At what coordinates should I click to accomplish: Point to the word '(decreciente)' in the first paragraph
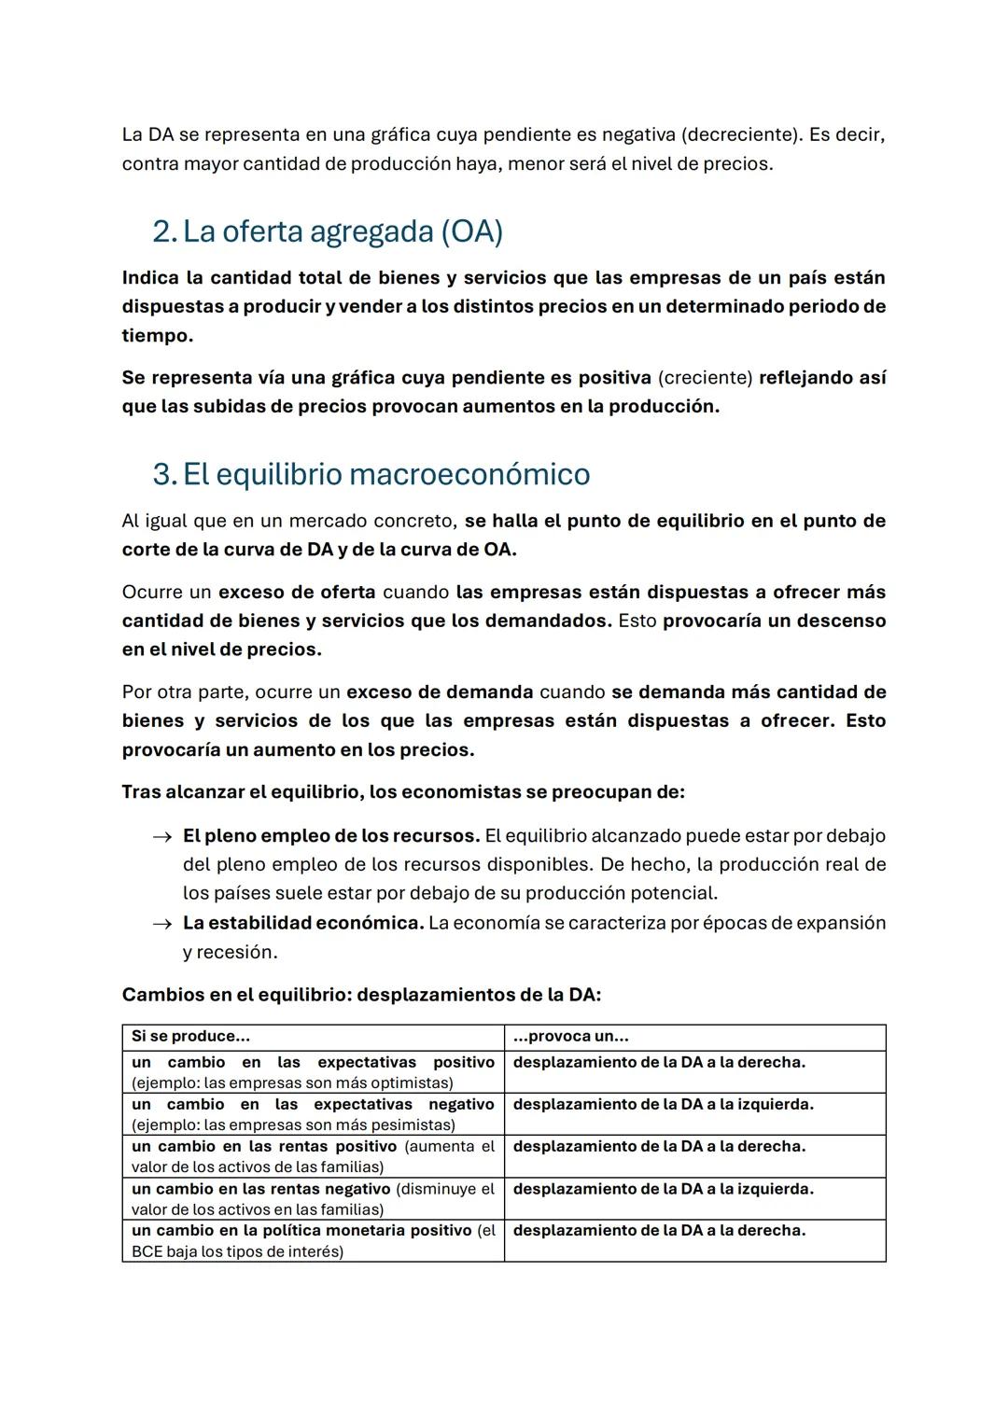tap(741, 134)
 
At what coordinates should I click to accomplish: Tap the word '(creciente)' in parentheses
tap(705, 378)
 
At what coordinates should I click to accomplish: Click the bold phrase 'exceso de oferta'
tap(297, 592)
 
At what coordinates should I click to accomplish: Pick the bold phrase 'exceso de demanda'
tap(440, 692)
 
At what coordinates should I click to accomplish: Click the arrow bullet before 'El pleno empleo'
tap(162, 836)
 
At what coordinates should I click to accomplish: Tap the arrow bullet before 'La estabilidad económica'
tap(162, 923)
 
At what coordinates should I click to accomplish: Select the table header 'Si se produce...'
tap(190, 1036)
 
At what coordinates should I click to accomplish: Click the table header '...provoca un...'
tap(570, 1036)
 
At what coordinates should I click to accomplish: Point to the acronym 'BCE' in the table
tap(147, 1251)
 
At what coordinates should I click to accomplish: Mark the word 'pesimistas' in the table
tap(413, 1125)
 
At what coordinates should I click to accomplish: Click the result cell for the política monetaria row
tap(659, 1230)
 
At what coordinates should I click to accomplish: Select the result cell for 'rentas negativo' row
tap(663, 1189)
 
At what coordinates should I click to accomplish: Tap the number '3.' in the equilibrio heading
tap(164, 474)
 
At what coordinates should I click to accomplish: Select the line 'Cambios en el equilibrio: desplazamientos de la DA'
tap(361, 995)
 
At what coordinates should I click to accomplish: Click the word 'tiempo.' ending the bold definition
tap(158, 335)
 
